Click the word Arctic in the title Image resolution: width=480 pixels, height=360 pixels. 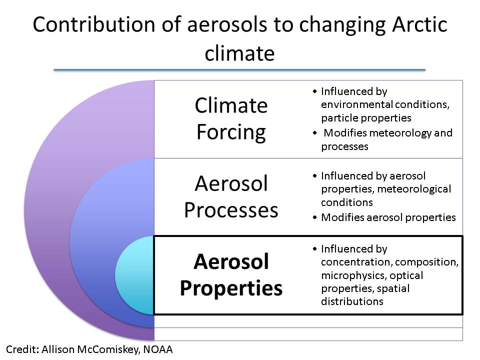tap(419, 24)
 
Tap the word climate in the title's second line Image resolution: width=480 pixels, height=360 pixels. tap(239, 53)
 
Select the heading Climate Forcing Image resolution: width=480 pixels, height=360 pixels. tap(231, 119)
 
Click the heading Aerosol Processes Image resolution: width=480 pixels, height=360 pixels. tap(231, 196)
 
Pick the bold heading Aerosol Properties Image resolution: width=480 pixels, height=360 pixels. tap(231, 275)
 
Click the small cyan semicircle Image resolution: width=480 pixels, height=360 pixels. tap(134, 275)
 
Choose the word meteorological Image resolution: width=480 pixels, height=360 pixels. tap(414, 189)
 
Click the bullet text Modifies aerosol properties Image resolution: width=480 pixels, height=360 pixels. tap(388, 217)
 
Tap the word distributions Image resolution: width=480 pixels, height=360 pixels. tap(352, 301)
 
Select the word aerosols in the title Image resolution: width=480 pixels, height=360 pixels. tap(227, 24)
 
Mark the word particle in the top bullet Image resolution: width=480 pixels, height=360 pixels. tap(339, 118)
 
